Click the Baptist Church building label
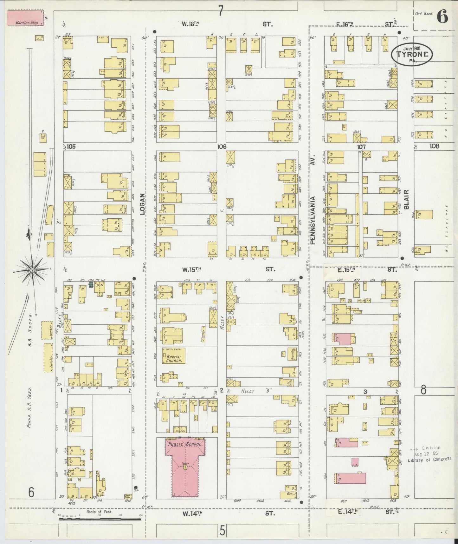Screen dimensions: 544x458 tap(173, 359)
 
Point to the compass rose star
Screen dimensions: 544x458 tap(32, 270)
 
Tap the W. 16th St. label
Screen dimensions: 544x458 tap(190, 23)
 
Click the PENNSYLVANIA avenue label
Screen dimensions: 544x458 tap(313, 220)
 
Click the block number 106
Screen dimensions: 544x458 tap(222, 147)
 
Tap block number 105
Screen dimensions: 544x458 tap(71, 147)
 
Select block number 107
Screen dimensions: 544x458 tap(361, 147)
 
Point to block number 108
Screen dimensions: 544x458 tap(435, 146)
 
